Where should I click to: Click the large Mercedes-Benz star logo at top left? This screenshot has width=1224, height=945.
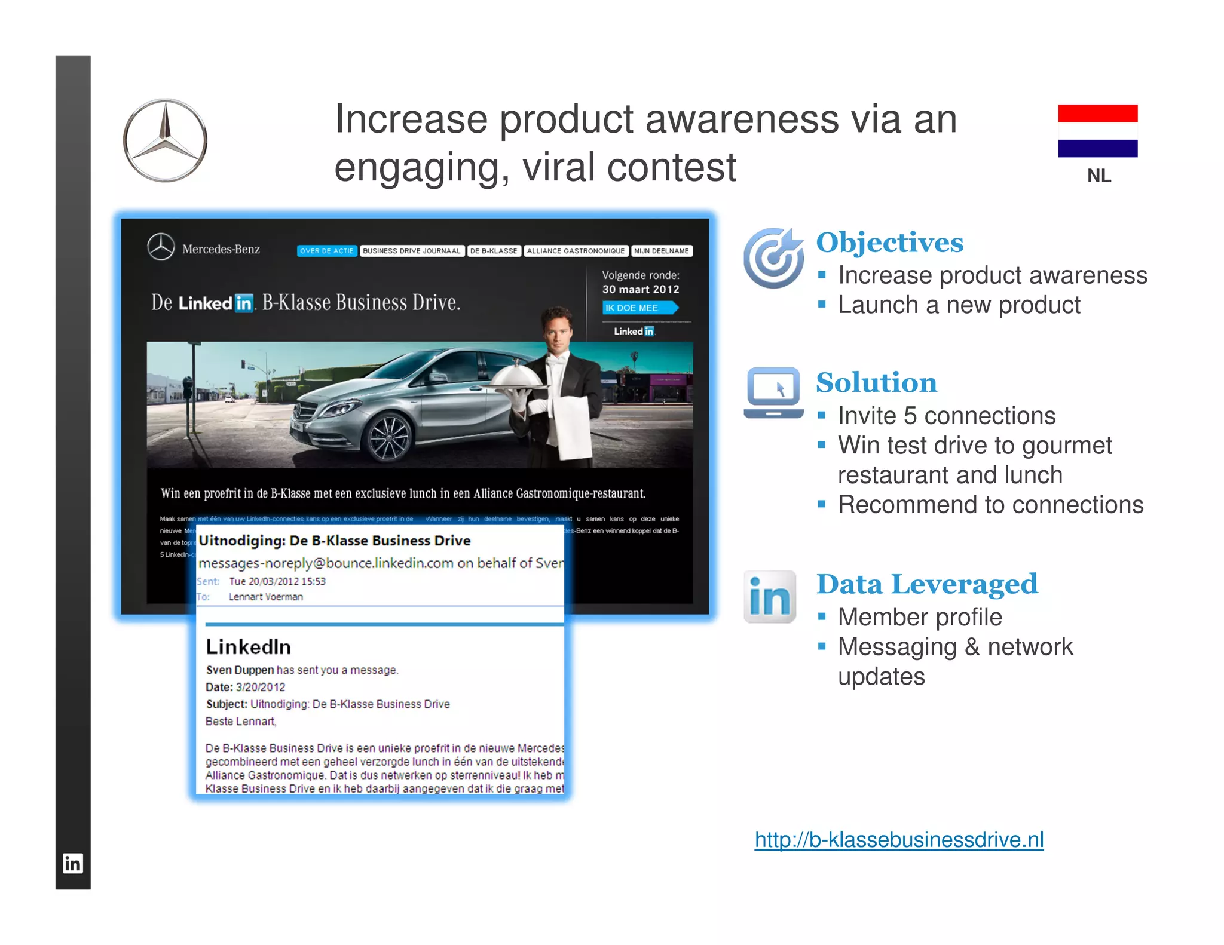(x=165, y=140)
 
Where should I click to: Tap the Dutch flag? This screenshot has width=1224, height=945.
(x=1097, y=131)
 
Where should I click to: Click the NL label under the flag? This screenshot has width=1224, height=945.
(x=1098, y=176)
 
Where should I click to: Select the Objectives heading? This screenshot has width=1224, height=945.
(x=889, y=243)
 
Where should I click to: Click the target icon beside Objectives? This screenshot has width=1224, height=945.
(x=773, y=258)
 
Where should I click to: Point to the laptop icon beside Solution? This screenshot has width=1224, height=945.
(x=773, y=392)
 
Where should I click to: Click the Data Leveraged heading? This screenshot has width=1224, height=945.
(x=926, y=584)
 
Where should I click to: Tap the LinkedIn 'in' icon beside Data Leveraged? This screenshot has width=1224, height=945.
(x=770, y=597)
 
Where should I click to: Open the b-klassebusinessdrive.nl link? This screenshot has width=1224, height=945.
(x=899, y=839)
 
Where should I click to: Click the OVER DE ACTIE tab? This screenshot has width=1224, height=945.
(x=327, y=251)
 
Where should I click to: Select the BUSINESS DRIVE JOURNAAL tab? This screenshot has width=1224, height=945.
(x=412, y=251)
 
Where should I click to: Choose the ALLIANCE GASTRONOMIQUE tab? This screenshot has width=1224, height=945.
(x=576, y=251)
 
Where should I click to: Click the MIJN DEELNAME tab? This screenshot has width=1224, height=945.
(x=662, y=251)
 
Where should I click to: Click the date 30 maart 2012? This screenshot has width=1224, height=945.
(x=641, y=290)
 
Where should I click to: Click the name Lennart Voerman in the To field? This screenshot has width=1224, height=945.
(x=266, y=597)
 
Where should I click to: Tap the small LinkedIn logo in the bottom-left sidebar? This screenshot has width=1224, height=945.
(x=73, y=863)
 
